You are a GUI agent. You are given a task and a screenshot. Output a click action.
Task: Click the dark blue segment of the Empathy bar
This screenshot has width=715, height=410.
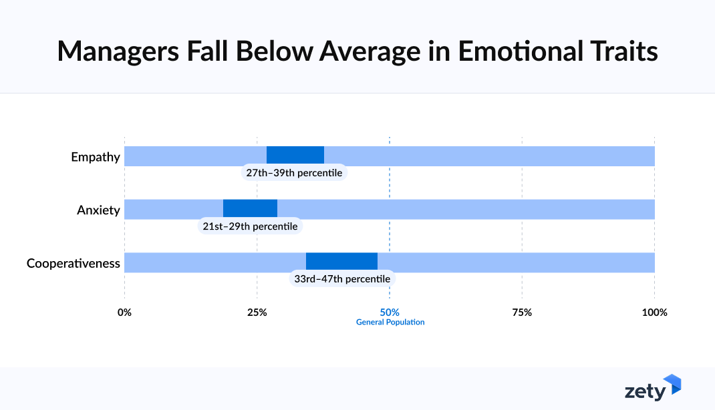click(x=295, y=156)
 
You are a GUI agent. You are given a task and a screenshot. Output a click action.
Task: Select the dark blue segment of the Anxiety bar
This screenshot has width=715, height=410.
click(x=250, y=208)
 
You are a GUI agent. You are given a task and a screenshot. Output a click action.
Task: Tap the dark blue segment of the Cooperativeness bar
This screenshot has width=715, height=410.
click(x=341, y=262)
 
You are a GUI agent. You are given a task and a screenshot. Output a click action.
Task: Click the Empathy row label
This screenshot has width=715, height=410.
click(x=96, y=158)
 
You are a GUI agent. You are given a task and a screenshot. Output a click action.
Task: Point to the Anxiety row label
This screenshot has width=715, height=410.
click(x=98, y=210)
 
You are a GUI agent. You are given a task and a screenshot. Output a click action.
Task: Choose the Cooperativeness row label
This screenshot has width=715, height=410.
click(x=74, y=263)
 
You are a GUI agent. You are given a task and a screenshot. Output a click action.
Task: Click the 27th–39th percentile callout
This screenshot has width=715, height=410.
click(x=294, y=173)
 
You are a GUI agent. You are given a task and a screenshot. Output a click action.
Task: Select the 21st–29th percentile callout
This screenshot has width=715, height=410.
click(x=250, y=226)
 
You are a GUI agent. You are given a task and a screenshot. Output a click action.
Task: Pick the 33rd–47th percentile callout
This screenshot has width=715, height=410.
click(x=341, y=278)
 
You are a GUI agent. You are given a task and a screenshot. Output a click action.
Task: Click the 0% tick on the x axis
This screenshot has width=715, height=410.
click(x=124, y=312)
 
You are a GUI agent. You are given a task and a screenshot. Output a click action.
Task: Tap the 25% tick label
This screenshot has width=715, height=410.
click(x=257, y=312)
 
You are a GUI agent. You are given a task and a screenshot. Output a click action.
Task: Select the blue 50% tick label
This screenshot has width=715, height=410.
click(x=390, y=312)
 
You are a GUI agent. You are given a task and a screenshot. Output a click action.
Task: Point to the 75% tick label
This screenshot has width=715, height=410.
click(x=522, y=312)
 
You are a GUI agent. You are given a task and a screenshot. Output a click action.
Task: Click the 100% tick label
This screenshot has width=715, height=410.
click(x=654, y=312)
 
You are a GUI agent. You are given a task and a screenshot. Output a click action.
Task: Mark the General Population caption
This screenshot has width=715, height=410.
click(x=390, y=322)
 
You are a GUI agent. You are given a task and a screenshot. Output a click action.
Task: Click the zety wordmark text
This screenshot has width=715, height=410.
click(x=645, y=391)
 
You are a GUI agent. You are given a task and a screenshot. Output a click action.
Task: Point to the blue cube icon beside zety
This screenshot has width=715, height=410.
click(x=672, y=384)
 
